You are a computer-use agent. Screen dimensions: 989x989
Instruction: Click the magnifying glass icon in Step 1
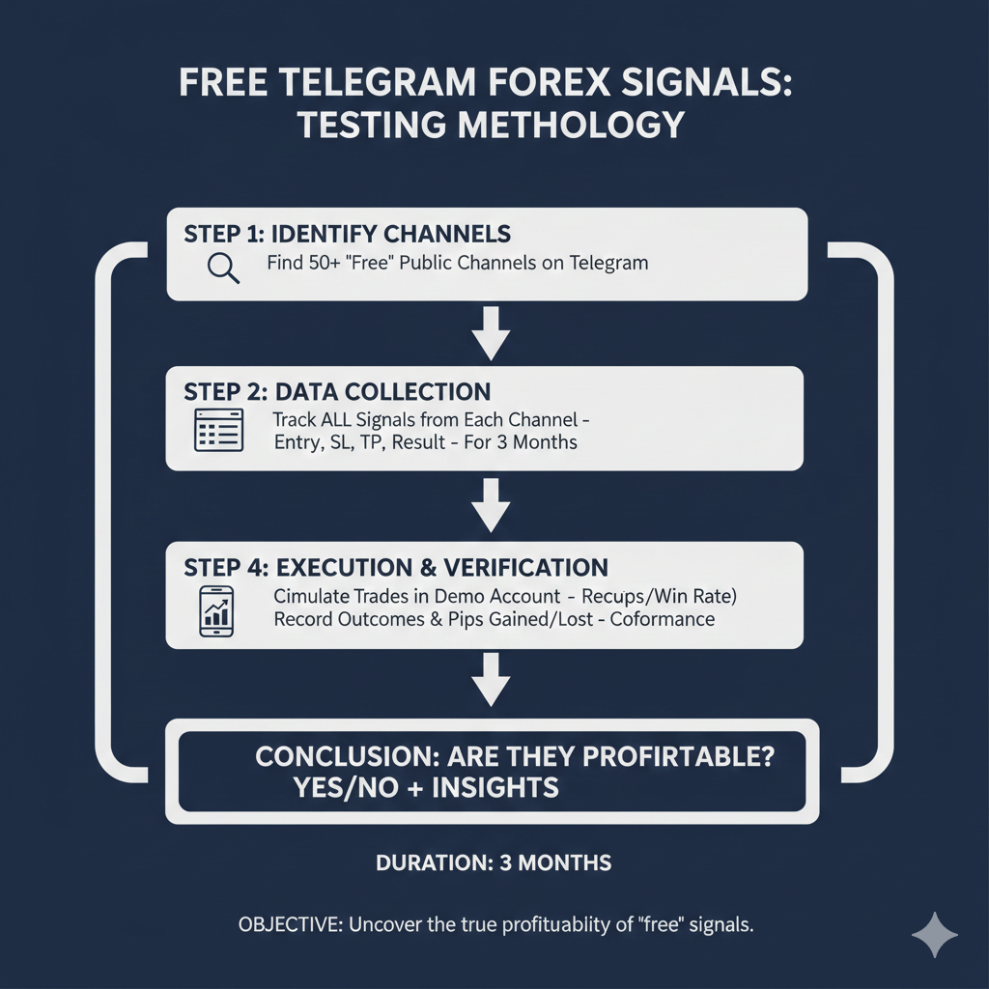(x=223, y=267)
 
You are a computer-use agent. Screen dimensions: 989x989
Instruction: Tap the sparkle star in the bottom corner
(x=935, y=935)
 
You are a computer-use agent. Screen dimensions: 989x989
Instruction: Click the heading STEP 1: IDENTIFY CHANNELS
(x=347, y=235)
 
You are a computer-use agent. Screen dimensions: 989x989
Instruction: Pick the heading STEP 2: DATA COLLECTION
(x=337, y=392)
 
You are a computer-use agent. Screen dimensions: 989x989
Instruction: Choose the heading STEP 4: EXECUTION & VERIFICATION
(x=396, y=567)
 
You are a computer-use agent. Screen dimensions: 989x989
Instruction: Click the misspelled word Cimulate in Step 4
(x=310, y=596)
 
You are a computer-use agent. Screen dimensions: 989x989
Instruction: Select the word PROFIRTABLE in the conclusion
(x=664, y=756)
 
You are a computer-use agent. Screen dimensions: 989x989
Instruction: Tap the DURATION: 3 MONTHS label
(x=494, y=862)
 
